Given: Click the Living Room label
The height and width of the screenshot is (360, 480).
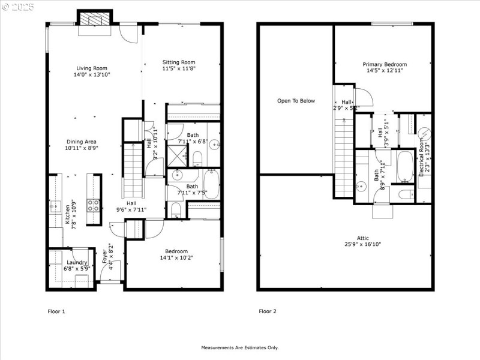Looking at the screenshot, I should pos(92,68).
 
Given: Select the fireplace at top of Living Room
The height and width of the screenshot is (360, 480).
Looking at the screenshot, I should pos(94,20).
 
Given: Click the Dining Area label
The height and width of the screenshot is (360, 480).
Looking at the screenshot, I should pos(82,142).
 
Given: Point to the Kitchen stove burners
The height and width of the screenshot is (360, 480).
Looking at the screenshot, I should pos(94,206).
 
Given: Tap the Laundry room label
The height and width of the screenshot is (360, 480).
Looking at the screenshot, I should pos(77,262).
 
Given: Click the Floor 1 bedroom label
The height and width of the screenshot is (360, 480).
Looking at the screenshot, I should pos(174,251).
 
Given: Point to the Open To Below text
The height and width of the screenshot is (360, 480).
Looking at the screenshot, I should pos(296,101).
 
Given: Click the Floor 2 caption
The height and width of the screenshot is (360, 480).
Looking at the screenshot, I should pos(268,311).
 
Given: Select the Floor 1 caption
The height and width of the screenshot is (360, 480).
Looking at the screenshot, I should pos(56,311).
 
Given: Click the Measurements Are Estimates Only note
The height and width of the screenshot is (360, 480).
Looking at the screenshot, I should pos(239,347).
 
